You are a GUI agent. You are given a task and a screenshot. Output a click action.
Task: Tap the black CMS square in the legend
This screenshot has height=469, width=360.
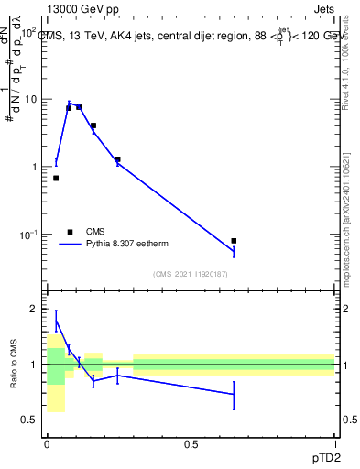[x=71, y=232]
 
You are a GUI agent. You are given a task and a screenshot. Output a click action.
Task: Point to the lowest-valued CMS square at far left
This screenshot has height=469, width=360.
[x=56, y=178]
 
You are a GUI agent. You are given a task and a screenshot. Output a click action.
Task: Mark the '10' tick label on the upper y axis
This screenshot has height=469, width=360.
[x=30, y=99]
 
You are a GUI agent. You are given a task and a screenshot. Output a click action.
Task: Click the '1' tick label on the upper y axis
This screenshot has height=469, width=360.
[x=33, y=167]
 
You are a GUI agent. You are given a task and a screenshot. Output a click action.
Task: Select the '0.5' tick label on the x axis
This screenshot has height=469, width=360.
[x=191, y=444]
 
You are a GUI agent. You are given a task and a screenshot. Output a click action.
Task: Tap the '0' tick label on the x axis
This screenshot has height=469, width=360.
[x=47, y=444]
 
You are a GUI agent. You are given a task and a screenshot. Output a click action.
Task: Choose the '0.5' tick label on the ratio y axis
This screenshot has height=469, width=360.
[x=28, y=420]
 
